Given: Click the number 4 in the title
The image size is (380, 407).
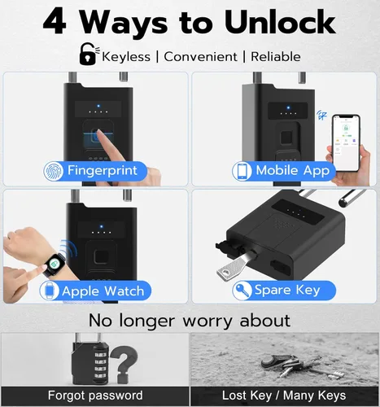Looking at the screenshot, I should pyautogui.click(x=55, y=22).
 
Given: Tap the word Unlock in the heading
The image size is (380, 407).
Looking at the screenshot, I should pyautogui.click(x=275, y=22).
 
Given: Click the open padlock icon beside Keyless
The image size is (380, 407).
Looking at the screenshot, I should pyautogui.click(x=86, y=55).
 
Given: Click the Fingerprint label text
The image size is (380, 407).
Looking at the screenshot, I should pyautogui.click(x=102, y=171).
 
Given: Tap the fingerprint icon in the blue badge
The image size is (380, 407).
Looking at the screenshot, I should pyautogui.click(x=53, y=171).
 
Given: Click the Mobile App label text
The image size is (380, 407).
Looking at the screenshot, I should pyautogui.click(x=293, y=171).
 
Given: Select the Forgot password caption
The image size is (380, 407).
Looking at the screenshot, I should pyautogui.click(x=95, y=396).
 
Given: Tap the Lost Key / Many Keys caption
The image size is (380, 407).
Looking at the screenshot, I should pyautogui.click(x=285, y=396).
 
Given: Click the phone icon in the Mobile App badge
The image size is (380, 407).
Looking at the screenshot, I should pyautogui.click(x=242, y=171).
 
